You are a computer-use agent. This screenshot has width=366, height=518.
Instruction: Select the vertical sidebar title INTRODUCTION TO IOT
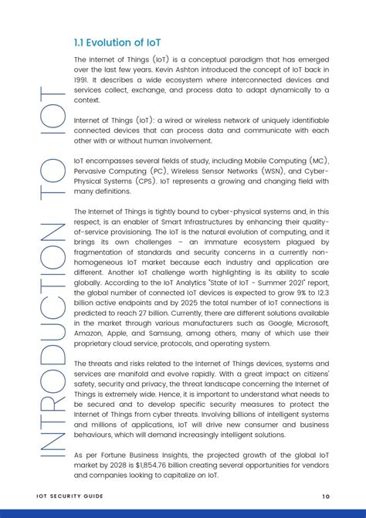[52, 277]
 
